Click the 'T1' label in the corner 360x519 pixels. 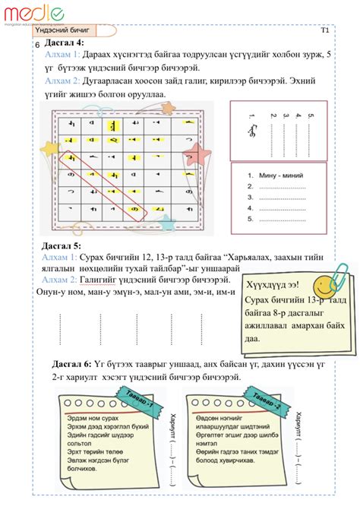tap(325, 30)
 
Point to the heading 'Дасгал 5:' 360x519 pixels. tap(61, 246)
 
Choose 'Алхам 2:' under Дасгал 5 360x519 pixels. tap(59, 280)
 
